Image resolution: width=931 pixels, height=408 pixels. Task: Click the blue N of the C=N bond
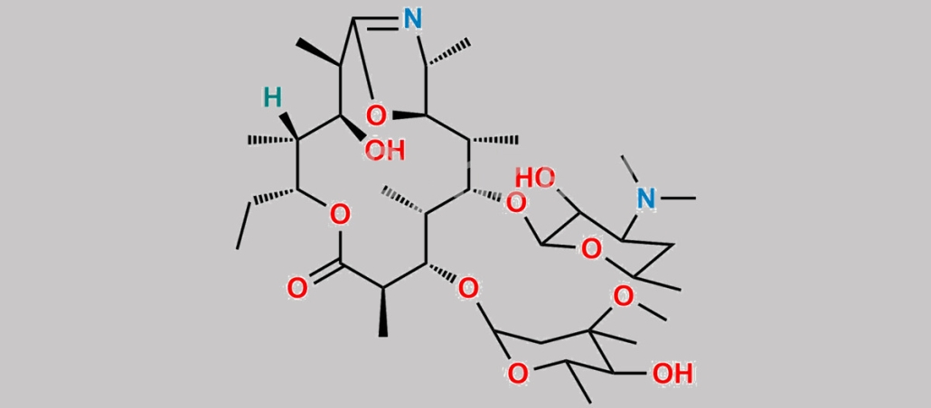(413, 18)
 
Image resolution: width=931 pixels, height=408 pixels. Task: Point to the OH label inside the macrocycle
(384, 150)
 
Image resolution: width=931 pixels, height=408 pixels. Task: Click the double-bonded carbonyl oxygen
(296, 289)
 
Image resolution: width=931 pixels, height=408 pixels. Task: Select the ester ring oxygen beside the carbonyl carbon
(339, 215)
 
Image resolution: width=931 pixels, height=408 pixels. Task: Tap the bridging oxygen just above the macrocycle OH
(378, 115)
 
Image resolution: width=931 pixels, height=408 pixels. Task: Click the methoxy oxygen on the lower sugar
(623, 295)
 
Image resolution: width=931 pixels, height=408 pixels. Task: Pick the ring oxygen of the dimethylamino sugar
(590, 247)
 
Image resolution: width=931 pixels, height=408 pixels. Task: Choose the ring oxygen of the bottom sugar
(517, 372)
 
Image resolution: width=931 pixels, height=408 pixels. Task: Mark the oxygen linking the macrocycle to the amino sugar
(515, 204)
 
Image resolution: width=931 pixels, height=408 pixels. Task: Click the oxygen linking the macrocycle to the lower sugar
(468, 289)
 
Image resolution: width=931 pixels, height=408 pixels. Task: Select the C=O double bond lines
(319, 275)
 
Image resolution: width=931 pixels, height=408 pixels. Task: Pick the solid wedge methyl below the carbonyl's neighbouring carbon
(383, 312)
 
